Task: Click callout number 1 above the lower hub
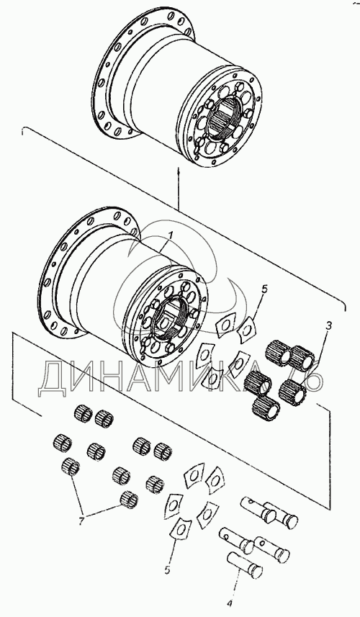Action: (x=171, y=235)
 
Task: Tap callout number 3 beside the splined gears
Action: (x=328, y=326)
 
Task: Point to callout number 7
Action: (x=81, y=522)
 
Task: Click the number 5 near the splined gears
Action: (x=264, y=290)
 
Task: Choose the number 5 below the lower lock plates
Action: (x=167, y=570)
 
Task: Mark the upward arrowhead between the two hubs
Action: (x=179, y=171)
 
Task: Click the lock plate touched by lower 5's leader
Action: (x=179, y=531)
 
